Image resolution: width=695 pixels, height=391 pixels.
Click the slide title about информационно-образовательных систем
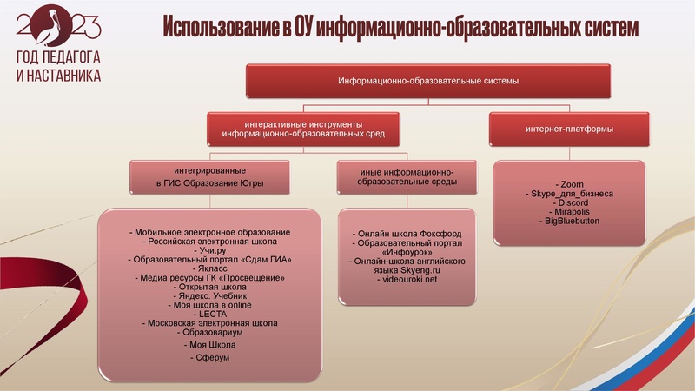point(400,29)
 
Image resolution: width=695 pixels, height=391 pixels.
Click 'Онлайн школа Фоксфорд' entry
point(407,235)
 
